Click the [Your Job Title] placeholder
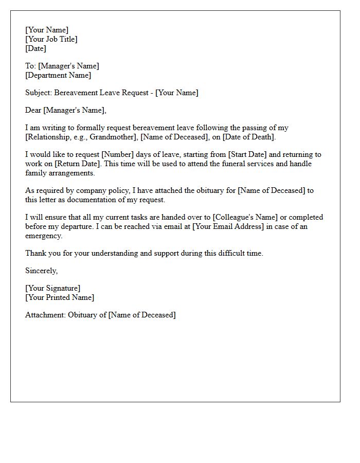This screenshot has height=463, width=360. click(x=51, y=39)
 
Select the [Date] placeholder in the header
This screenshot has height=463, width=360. click(x=35, y=48)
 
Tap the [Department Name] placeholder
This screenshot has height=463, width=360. click(x=58, y=75)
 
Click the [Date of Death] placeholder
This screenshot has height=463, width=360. click(x=249, y=137)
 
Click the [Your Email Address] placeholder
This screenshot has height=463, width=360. click(x=228, y=226)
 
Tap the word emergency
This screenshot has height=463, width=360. click(x=44, y=236)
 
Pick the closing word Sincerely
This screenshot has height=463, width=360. click(x=41, y=271)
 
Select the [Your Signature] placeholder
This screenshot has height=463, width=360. click(x=52, y=288)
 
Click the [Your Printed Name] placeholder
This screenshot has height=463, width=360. click(x=60, y=297)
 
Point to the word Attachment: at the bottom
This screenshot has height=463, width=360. click(x=45, y=315)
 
